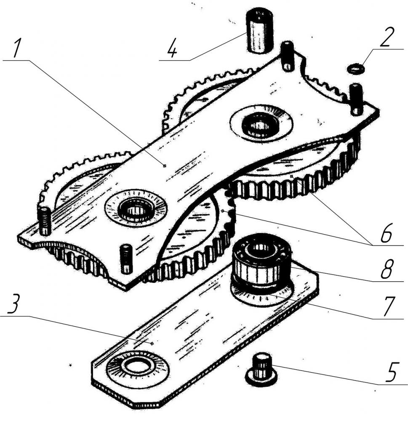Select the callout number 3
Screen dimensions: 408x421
[14, 304]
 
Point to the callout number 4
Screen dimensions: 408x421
[172, 48]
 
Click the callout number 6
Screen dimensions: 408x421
[387, 233]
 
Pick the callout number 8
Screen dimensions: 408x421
[387, 269]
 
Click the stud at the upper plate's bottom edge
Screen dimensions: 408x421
[126, 258]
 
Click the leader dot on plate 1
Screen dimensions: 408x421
[165, 165]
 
